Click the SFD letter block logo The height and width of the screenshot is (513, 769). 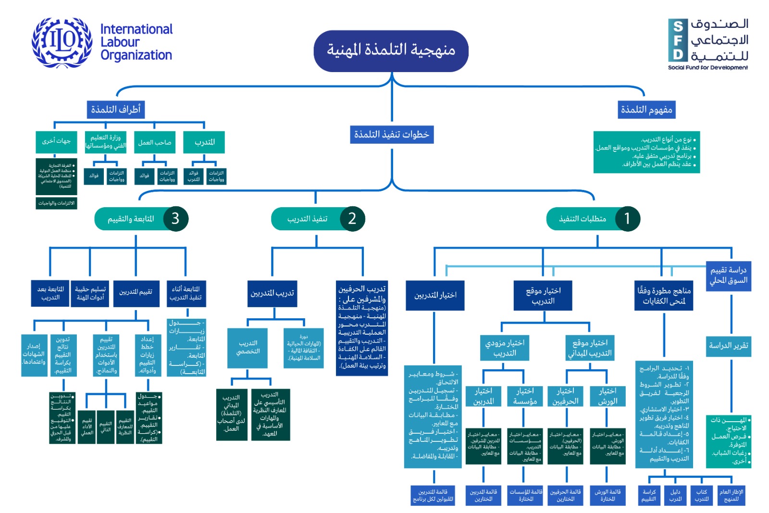click(678, 40)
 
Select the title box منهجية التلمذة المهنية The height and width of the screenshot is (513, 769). click(391, 50)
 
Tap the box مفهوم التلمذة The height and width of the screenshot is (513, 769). click(646, 110)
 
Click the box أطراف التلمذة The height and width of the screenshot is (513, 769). click(115, 110)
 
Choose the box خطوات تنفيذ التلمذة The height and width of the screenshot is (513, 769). click(392, 135)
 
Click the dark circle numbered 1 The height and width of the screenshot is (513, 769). click(627, 219)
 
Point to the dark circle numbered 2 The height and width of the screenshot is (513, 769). click(352, 219)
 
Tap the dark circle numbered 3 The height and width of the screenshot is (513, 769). click(175, 219)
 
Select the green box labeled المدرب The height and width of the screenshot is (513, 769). click(204, 142)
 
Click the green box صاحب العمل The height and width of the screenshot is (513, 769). click(155, 142)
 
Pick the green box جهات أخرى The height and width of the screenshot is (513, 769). click(56, 141)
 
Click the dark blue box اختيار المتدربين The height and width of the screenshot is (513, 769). click(435, 295)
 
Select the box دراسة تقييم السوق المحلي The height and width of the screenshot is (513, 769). click(728, 276)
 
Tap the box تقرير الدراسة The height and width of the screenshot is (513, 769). click(728, 346)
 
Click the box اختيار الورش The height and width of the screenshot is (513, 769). click(608, 396)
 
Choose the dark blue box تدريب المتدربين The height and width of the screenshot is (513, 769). click(272, 293)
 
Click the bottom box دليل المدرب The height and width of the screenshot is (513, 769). click(675, 495)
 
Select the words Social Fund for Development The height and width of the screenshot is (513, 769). click(707, 68)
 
